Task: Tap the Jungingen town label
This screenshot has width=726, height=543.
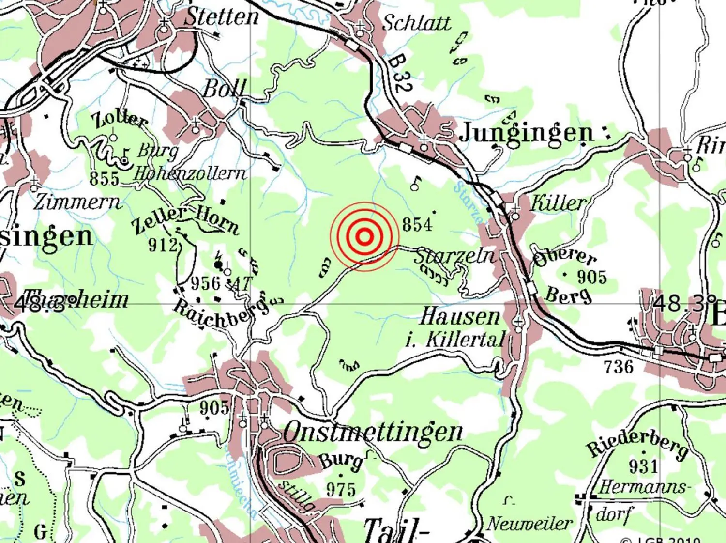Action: tap(526, 132)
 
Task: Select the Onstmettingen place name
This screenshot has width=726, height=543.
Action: tap(373, 432)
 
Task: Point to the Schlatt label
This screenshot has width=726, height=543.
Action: tap(416, 23)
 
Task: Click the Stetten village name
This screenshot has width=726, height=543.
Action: tap(222, 17)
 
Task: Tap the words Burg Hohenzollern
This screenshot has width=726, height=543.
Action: tap(189, 163)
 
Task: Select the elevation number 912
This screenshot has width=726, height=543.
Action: tap(163, 246)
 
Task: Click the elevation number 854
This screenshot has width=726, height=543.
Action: tap(417, 225)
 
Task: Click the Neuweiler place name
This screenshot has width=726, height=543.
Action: tap(529, 524)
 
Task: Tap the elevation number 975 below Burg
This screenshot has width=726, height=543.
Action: tap(341, 490)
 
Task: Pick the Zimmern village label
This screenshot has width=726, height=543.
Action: tap(76, 202)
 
